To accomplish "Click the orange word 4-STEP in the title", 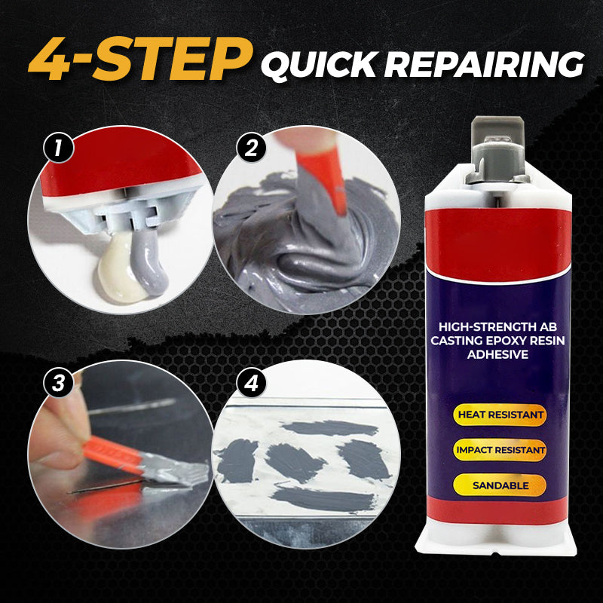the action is point(140,59).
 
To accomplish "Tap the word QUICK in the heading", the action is point(319,64).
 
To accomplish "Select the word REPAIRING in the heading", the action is point(484,64).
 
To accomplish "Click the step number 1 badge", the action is point(59,148).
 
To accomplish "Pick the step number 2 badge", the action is point(251,148).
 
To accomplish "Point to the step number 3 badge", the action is point(59,383).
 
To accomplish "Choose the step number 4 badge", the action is point(251,383).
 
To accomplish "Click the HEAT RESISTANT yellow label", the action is point(500,415).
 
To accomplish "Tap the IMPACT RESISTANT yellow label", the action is point(500,450).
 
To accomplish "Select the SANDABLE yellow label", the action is point(500,485).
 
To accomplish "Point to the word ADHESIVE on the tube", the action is point(497,354).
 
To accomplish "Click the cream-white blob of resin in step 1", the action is point(118,269).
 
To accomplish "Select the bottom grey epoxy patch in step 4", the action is point(323,499).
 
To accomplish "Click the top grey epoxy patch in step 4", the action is point(330,427).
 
